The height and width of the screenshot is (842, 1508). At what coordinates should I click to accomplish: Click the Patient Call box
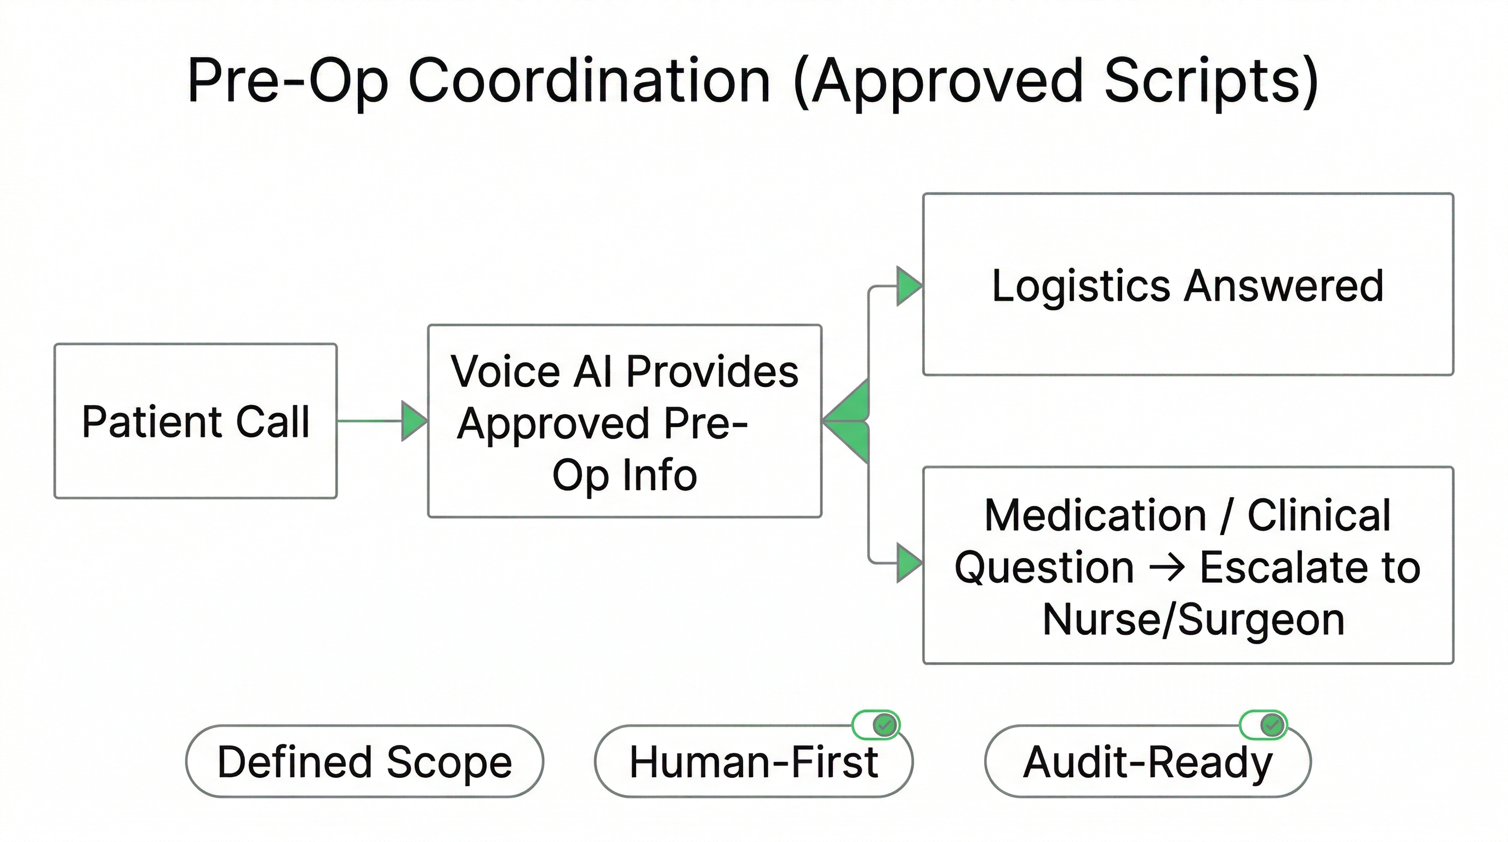coord(195,421)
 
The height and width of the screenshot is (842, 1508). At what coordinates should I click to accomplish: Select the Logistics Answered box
coord(1188,285)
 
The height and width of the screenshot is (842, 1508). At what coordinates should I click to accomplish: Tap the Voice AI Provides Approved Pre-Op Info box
coord(625,421)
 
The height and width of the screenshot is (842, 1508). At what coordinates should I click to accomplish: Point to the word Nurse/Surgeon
coord(1193,619)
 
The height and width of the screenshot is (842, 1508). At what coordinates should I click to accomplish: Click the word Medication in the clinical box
coord(1095,515)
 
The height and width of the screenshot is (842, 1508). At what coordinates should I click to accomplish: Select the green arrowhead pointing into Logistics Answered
coord(909,286)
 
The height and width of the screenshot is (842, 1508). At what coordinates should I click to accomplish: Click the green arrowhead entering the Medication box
coord(909,562)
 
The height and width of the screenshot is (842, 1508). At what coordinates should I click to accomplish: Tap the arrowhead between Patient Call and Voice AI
coord(414,421)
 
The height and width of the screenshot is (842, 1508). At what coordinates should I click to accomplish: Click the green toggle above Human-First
coord(876,725)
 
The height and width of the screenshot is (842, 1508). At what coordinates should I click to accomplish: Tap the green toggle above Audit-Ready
coord(1263,725)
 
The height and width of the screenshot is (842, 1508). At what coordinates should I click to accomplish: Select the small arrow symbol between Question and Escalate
coord(1167,568)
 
